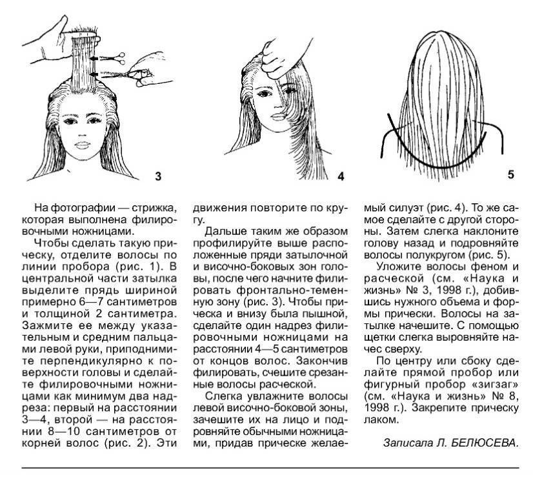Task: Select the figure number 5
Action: [510, 175]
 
